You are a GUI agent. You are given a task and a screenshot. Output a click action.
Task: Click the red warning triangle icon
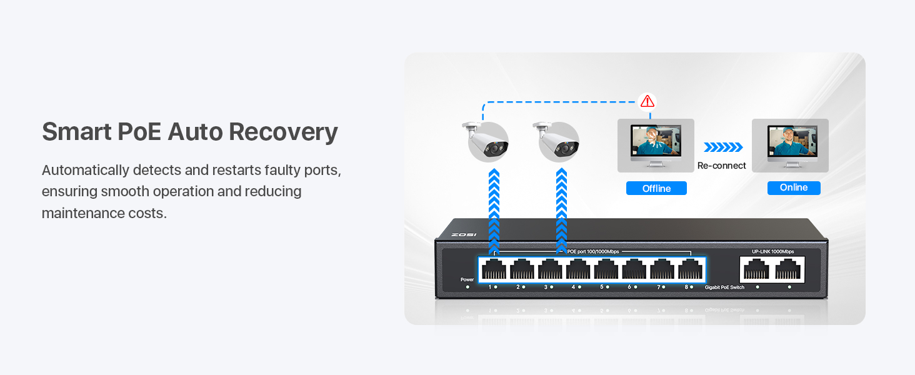(647, 101)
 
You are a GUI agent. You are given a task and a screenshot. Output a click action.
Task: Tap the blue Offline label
(656, 188)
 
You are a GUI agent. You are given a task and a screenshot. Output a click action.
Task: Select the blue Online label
(794, 187)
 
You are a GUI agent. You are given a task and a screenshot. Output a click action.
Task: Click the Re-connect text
(722, 166)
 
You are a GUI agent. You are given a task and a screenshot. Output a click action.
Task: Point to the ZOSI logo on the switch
(463, 234)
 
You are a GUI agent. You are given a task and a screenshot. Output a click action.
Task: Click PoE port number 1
(494, 269)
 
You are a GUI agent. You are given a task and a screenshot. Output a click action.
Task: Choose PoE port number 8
(691, 269)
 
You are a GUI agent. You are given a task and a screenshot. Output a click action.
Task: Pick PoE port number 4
(578, 269)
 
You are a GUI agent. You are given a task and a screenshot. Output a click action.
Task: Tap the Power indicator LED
(467, 287)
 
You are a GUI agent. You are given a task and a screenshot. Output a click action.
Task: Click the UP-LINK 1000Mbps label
(772, 251)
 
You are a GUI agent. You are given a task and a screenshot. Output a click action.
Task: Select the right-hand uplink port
(787, 269)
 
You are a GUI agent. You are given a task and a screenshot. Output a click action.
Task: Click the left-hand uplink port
(756, 269)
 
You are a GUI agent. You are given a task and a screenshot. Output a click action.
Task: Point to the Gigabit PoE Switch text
(726, 287)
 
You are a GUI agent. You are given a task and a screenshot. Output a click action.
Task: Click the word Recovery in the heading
(283, 132)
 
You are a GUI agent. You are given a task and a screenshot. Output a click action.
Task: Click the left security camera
(487, 140)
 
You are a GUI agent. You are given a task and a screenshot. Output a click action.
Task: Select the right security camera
(557, 140)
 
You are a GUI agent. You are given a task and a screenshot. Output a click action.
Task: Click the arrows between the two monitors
(723, 147)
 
